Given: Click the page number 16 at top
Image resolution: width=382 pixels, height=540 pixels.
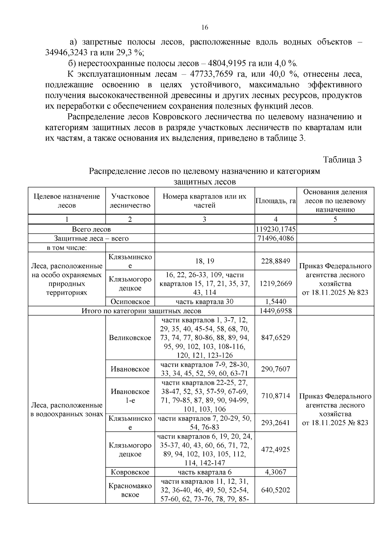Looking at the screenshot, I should (x=205, y=28).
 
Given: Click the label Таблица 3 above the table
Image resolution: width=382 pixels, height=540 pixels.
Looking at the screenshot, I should (x=342, y=160).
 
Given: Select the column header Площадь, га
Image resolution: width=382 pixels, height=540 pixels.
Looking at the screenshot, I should (x=276, y=201).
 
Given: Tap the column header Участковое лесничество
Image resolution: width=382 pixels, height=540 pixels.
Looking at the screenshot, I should (x=130, y=201).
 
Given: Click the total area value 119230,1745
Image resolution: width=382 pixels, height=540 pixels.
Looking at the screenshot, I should (x=276, y=229).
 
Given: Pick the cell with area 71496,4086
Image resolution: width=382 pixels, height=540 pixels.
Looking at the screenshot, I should (x=276, y=238).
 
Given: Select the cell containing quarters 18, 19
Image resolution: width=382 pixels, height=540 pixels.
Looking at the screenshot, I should (x=204, y=261).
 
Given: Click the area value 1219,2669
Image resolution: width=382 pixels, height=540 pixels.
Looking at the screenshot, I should (x=276, y=284).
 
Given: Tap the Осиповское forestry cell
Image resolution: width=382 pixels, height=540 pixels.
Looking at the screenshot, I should (x=130, y=302).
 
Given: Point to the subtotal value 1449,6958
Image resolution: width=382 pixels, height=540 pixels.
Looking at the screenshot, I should (x=276, y=311).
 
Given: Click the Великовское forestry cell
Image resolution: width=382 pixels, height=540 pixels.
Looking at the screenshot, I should (x=130, y=338).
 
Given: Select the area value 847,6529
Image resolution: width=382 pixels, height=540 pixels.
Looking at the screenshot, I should (x=276, y=338).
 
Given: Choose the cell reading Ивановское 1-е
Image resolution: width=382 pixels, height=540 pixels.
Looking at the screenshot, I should (x=130, y=396).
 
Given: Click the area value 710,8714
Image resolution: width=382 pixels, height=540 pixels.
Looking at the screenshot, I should (x=276, y=396).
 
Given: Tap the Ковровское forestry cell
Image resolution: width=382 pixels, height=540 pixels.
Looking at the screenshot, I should (x=130, y=472).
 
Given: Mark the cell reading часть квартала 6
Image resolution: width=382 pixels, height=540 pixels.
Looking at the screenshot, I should (x=204, y=472).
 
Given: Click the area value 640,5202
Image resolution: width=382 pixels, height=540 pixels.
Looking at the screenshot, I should (x=276, y=490).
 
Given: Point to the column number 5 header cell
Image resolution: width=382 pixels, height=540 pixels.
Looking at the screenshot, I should (x=335, y=219).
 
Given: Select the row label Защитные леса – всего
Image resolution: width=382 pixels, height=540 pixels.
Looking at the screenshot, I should (x=91, y=238).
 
